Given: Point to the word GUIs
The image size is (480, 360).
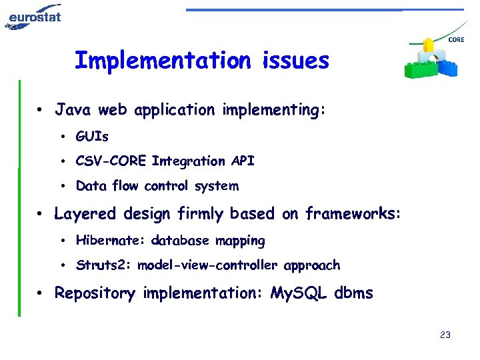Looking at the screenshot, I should tap(92, 137).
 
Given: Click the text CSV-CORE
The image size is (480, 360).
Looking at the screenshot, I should tap(111, 161).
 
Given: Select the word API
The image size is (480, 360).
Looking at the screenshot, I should tap(243, 161).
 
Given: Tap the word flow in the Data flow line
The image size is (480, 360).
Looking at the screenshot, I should tap(125, 186).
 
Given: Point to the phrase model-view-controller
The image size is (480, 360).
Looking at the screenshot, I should tap(209, 265).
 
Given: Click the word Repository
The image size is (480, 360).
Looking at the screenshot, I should tap(95, 293).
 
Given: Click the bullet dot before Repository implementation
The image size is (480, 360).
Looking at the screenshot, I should tap(41, 293).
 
